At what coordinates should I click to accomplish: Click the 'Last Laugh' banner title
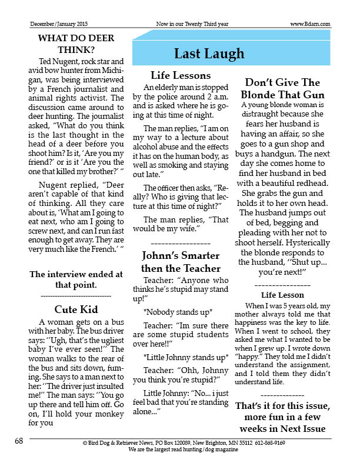coord(209,54)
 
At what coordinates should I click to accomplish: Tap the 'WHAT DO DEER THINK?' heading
coord(76,44)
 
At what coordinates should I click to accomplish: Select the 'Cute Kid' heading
coord(76,309)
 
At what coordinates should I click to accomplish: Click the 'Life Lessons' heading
coord(181,75)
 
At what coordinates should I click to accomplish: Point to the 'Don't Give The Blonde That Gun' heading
coord(282,89)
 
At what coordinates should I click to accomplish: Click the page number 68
coord(19,441)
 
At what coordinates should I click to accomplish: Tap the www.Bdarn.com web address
coord(310,24)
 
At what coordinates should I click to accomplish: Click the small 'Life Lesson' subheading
coord(282,295)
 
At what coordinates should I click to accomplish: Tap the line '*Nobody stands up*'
coord(178,311)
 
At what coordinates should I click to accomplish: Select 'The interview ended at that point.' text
coord(76,279)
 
